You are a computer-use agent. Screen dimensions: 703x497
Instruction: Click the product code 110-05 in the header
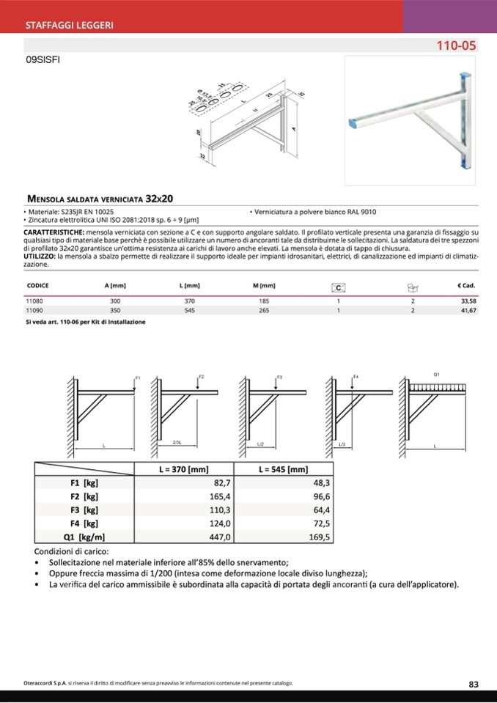coord(456,45)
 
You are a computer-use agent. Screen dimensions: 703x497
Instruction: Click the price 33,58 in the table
coord(468,301)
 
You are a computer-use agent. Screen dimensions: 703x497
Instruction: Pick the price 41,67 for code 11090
coord(468,311)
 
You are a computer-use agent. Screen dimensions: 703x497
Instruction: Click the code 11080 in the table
coord(34,301)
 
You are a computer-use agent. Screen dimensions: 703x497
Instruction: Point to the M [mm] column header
coord(263,285)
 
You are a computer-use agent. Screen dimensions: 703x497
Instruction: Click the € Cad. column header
coord(466,285)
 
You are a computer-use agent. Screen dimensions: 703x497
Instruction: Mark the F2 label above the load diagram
coord(201,376)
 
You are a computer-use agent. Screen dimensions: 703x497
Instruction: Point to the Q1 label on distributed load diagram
coord(437,375)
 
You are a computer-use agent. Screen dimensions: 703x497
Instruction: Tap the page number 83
coord(474,684)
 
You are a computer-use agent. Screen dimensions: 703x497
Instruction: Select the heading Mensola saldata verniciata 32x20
coord(100,199)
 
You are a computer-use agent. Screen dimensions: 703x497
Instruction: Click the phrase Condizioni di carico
coord(72,551)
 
